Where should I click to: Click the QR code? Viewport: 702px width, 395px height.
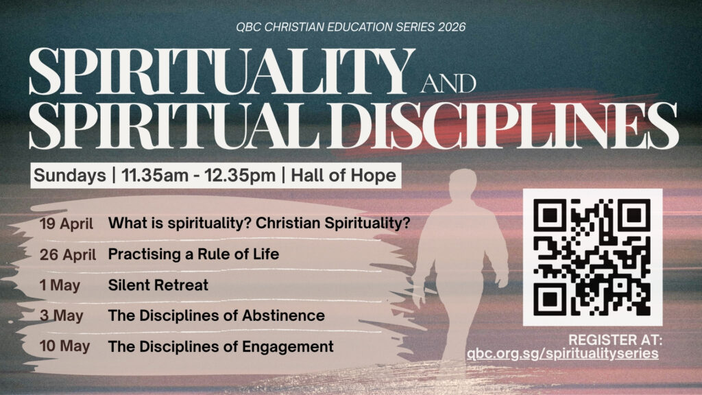point(592,256)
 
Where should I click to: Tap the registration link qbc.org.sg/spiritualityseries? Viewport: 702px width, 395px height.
point(562,354)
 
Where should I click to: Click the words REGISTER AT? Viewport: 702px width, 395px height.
point(614,339)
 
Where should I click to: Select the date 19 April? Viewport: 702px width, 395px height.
point(66,223)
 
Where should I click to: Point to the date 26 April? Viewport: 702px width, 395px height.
point(68,254)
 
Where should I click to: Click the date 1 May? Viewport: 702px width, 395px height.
point(59,285)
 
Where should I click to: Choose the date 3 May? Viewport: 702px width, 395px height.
point(60,316)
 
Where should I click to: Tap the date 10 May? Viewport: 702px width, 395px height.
point(64,346)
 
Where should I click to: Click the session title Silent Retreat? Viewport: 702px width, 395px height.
point(158,285)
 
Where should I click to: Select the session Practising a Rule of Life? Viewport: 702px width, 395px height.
point(193,254)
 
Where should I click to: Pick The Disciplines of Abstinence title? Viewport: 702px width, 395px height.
point(217,316)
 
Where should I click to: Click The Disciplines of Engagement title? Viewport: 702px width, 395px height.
point(221,346)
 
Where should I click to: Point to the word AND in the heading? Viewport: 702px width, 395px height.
point(448,84)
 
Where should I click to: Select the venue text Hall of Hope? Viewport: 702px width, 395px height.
point(341,175)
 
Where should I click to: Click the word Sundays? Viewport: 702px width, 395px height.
point(70,175)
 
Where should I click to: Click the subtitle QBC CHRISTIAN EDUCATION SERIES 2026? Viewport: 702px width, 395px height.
point(351,28)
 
